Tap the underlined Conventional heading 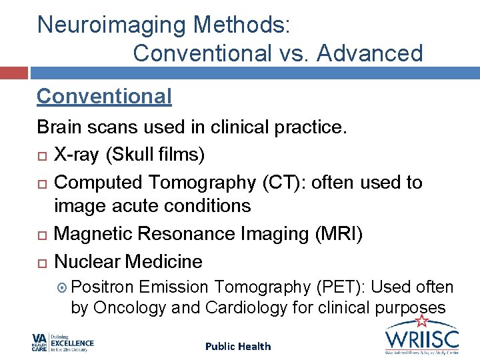104,97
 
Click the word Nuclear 87,261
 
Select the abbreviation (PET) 338,287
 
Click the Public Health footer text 238,346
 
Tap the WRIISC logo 422,339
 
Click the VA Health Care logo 63,343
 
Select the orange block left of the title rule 14,73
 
